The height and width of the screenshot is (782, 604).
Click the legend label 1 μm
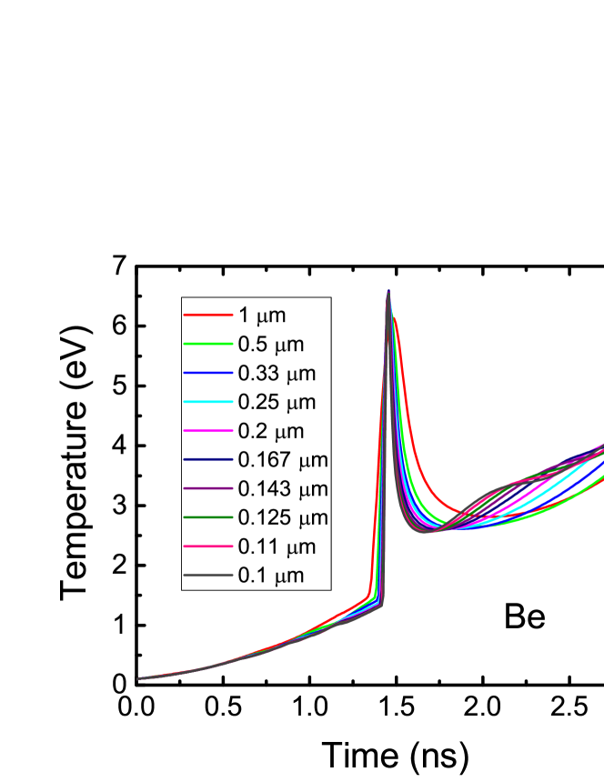[x=262, y=316]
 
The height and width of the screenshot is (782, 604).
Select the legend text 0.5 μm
[x=270, y=345]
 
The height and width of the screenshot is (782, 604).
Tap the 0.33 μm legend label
[x=277, y=373]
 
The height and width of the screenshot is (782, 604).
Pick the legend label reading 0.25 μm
[x=277, y=402]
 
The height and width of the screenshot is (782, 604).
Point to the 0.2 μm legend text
[x=270, y=431]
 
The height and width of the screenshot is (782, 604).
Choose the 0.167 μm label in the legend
[x=282, y=460]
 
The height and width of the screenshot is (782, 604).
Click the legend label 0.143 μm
[x=282, y=489]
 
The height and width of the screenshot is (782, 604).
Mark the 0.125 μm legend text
[x=282, y=518]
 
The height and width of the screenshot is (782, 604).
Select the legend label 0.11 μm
[x=277, y=547]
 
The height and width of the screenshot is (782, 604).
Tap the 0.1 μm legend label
[x=270, y=576]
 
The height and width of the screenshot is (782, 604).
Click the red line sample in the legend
[x=208, y=316]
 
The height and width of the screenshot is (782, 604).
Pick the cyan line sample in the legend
[x=208, y=402]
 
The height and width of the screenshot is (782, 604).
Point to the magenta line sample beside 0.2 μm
[x=208, y=431]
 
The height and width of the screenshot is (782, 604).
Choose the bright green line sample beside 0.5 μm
[x=208, y=345]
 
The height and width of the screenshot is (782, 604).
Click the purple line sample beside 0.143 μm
[x=208, y=489]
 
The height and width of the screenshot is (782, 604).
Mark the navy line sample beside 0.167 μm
[x=208, y=460]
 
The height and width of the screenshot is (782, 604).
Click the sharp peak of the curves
[x=389, y=292]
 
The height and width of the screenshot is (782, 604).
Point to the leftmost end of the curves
[x=138, y=678]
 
